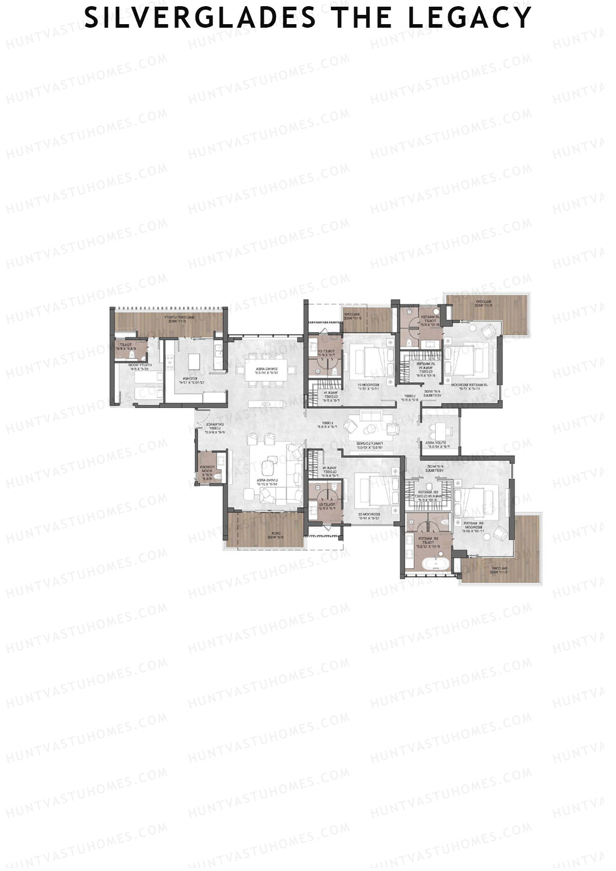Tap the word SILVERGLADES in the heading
[200, 18]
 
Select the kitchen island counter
[194, 361]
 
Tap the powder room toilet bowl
[218, 476]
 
